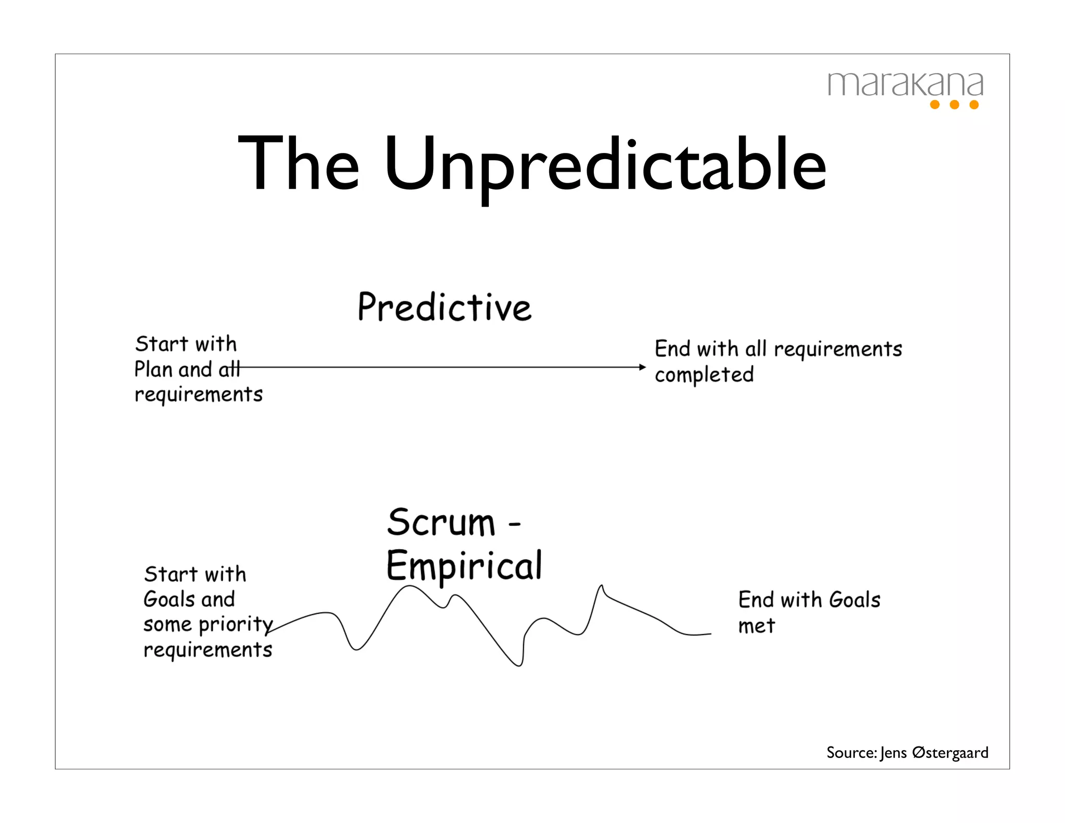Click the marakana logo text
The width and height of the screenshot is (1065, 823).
(x=905, y=84)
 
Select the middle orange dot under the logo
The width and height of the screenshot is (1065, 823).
(x=954, y=105)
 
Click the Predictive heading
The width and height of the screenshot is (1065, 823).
(x=445, y=307)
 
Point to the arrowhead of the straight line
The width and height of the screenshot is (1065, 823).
(x=643, y=367)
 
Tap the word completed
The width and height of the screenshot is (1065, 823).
(x=704, y=375)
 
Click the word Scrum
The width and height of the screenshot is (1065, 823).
(x=441, y=522)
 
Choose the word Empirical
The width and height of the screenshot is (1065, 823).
(x=464, y=566)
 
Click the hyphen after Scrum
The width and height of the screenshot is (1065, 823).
(x=514, y=524)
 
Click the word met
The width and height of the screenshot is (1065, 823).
(x=757, y=626)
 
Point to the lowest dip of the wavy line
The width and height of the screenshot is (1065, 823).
(x=519, y=665)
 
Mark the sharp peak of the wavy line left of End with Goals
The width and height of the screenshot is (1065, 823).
(x=602, y=586)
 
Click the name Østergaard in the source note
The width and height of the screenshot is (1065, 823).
(x=950, y=752)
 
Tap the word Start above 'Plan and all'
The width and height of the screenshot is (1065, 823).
(x=162, y=344)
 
